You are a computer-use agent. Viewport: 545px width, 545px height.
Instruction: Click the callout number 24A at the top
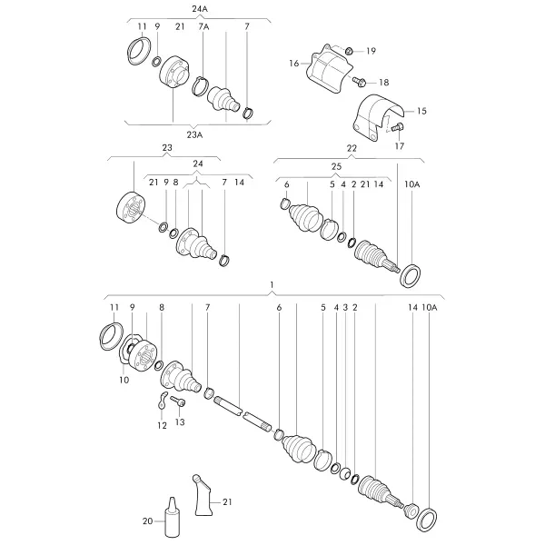[x=200, y=9]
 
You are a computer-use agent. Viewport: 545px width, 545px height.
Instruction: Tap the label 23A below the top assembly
[x=194, y=134]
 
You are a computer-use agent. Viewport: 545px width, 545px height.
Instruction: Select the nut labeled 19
[x=349, y=51]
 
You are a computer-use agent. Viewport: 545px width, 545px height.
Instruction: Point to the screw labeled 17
[x=397, y=127]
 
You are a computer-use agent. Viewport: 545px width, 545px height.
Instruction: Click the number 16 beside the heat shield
[x=294, y=64]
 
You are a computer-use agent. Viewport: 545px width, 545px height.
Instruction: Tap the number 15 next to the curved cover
[x=421, y=111]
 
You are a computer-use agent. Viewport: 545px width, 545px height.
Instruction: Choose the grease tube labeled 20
[x=172, y=517]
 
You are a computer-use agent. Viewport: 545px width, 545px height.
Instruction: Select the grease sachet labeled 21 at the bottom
[x=203, y=495]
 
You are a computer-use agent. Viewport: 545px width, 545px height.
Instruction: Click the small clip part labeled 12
[x=161, y=400]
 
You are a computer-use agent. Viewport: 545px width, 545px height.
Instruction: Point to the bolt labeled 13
[x=178, y=401]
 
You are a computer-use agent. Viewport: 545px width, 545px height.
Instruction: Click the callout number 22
[x=352, y=148]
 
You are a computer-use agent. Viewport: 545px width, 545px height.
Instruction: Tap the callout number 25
[x=336, y=166]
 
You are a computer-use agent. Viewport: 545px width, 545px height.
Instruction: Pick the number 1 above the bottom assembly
[x=272, y=285]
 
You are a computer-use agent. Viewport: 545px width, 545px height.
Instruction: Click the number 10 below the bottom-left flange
[x=124, y=380]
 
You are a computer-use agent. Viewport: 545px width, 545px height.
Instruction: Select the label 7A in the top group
[x=203, y=26]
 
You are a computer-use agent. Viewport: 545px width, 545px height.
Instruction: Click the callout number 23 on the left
[x=167, y=147]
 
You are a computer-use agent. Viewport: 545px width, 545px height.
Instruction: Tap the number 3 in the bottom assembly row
[x=345, y=308]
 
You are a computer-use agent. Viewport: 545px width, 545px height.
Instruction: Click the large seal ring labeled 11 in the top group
[x=138, y=51]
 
